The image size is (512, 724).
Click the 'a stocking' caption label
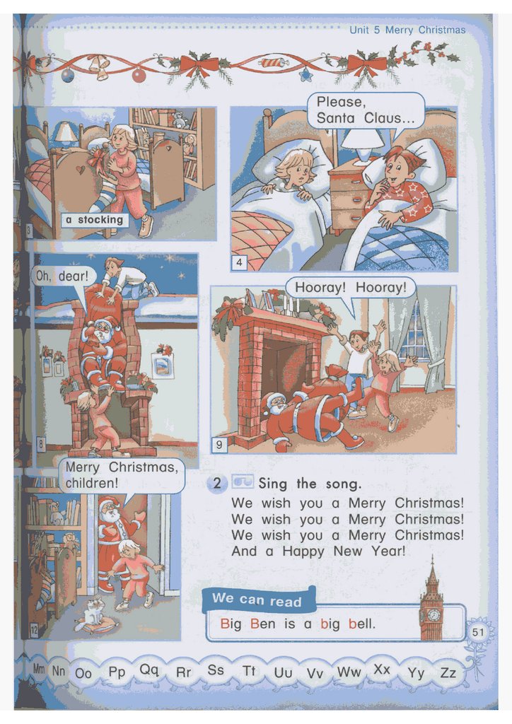(x=94, y=220)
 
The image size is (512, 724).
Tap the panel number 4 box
(x=239, y=263)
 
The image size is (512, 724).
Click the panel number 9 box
(x=219, y=445)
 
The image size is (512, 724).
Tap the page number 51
(x=478, y=631)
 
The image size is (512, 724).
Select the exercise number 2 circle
(x=217, y=484)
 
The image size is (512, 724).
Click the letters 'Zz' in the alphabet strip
(x=448, y=673)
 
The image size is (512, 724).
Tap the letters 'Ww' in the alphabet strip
(x=349, y=672)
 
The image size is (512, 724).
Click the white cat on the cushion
(x=94, y=612)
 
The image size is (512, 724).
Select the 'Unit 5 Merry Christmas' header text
(x=407, y=30)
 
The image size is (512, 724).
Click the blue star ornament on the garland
(x=306, y=74)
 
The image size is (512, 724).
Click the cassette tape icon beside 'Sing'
(x=242, y=482)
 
